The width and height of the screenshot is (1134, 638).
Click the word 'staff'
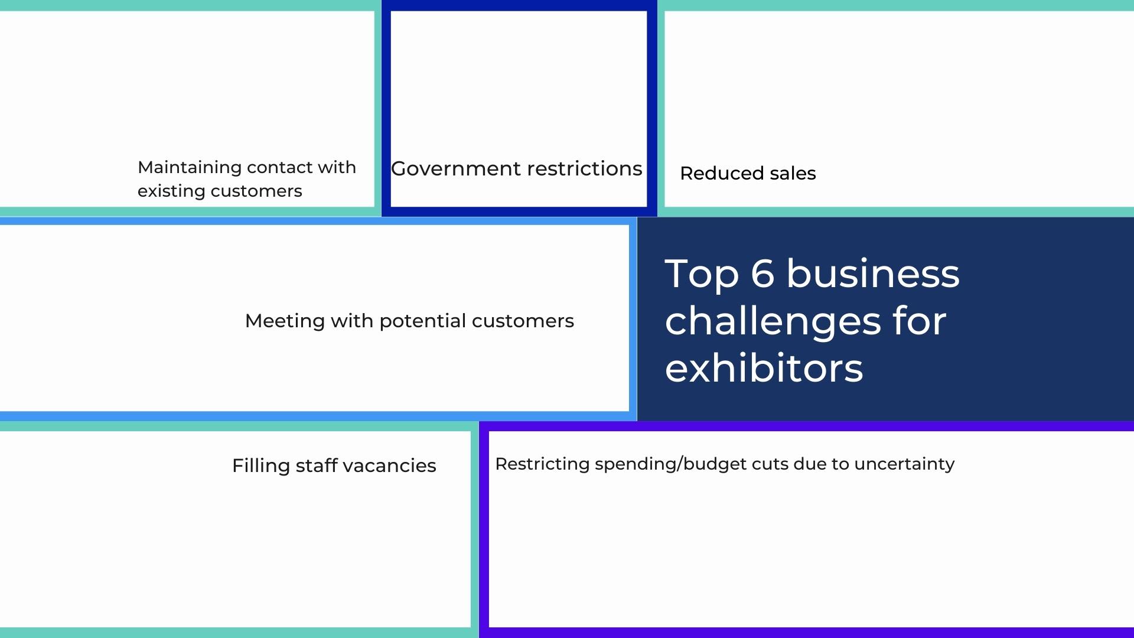pyautogui.click(x=317, y=466)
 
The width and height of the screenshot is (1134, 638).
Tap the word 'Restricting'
pyautogui.click(x=542, y=464)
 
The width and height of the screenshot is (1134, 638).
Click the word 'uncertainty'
pyautogui.click(x=904, y=464)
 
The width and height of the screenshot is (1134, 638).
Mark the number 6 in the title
pyautogui.click(x=762, y=274)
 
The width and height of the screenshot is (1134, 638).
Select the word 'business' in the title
pyautogui.click(x=873, y=274)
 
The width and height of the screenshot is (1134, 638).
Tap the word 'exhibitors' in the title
pyautogui.click(x=764, y=369)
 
